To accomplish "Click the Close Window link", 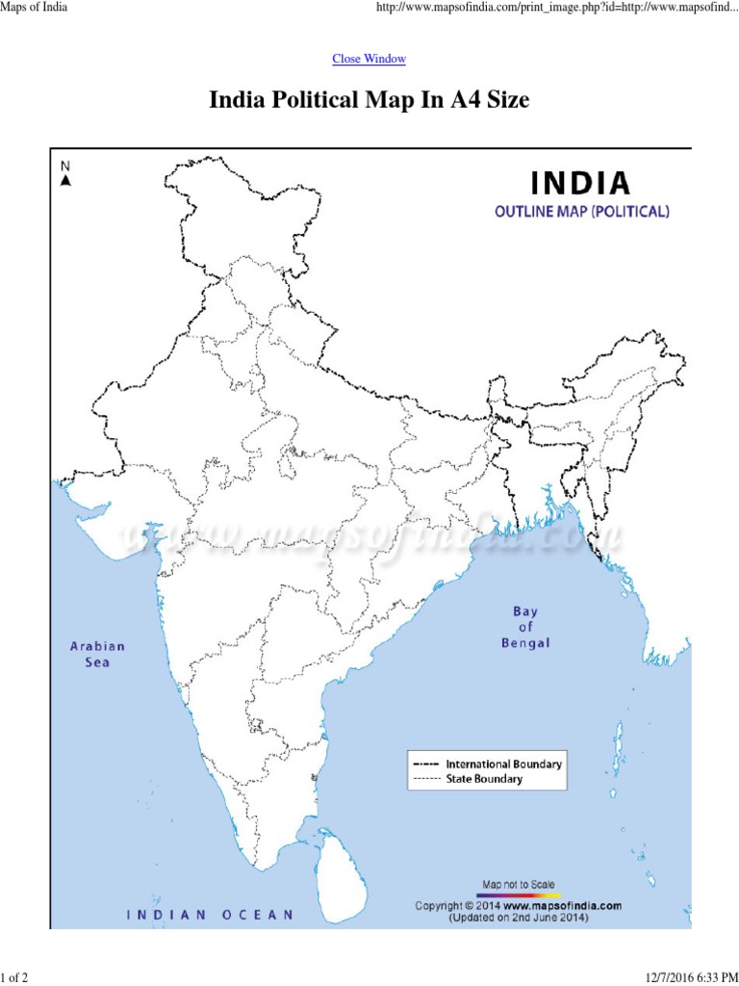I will coord(369,59).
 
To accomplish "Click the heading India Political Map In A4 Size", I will coord(369,100).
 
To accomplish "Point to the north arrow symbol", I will coord(65,179).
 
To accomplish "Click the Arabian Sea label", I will coord(97,654).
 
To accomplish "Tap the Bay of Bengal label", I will coord(525,627).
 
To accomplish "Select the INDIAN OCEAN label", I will coord(211,915).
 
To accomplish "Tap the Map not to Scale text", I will coord(518,883).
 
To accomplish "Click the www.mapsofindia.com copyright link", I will coord(562,905).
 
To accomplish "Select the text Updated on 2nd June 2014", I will coord(518,918).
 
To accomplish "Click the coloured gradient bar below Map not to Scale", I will coord(518,894).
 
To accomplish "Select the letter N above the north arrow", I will coord(65,165).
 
